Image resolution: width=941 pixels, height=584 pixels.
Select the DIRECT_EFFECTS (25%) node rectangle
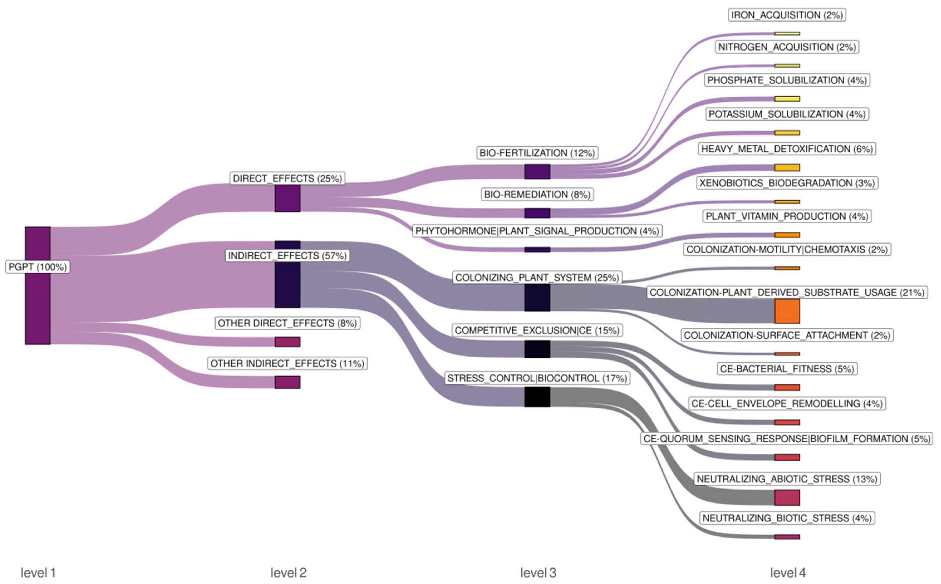[288, 198]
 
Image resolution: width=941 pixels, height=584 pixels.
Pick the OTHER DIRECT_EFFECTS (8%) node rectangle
[288, 342]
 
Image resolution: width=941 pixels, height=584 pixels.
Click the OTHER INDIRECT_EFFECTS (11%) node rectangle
[288, 382]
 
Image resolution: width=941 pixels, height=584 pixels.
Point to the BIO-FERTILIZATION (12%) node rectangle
[537, 172]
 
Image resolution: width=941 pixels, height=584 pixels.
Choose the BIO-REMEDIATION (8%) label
[537, 194]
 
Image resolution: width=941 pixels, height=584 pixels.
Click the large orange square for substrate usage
[787, 311]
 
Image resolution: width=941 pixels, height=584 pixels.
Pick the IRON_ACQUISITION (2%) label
[787, 15]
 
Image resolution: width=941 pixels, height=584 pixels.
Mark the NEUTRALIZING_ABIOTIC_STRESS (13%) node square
[787, 497]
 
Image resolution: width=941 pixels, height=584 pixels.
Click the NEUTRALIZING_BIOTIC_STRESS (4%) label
[787, 518]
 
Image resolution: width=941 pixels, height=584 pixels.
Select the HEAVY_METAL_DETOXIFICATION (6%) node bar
[787, 168]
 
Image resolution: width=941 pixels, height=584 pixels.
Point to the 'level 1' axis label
[38, 572]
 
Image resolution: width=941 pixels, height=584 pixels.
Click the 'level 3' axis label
[538, 572]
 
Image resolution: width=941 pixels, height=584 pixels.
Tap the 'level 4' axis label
[788, 572]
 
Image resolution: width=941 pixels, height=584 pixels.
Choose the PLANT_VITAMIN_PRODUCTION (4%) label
[787, 216]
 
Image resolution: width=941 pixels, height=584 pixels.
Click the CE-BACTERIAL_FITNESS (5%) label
[787, 369]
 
